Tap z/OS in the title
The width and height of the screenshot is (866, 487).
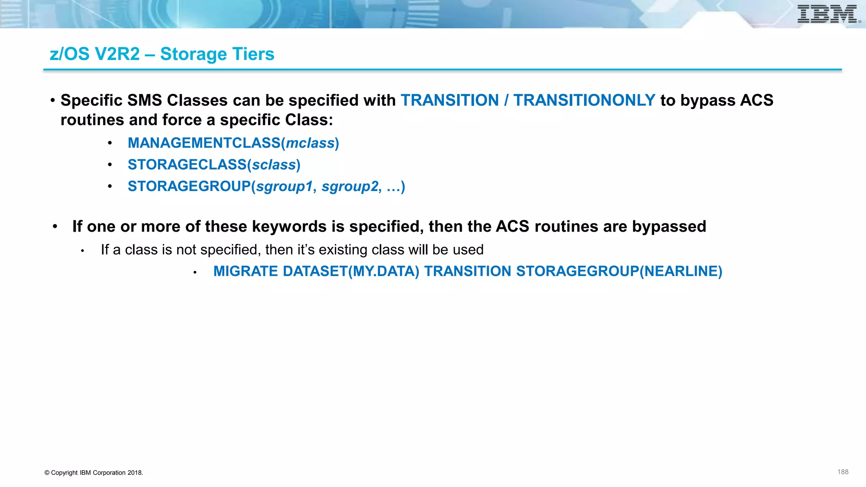click(x=70, y=54)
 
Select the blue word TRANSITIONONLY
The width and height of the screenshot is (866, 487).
click(x=584, y=100)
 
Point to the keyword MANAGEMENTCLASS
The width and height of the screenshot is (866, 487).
click(x=204, y=143)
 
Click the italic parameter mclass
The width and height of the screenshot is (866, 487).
click(x=310, y=143)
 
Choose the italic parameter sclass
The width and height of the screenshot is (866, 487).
click(x=274, y=165)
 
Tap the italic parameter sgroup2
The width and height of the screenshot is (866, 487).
click(x=349, y=186)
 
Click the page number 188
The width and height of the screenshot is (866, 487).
click(x=842, y=472)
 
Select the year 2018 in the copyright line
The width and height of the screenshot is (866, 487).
click(x=134, y=473)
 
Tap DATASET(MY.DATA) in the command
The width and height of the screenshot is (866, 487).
click(x=351, y=271)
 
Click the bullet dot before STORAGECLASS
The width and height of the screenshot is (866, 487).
click(x=110, y=164)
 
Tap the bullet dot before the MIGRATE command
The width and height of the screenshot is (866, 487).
click(x=195, y=273)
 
